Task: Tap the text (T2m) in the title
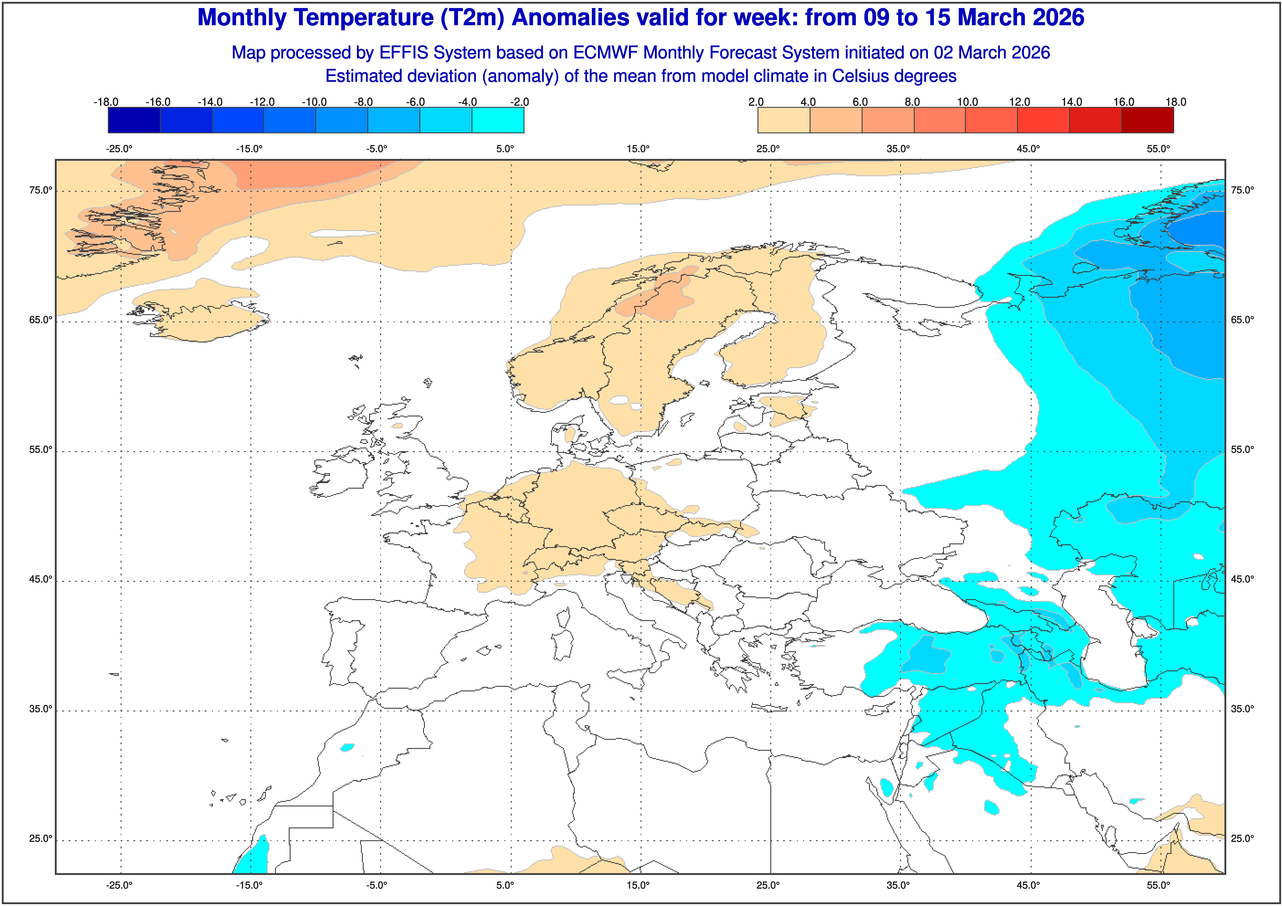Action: [x=472, y=18]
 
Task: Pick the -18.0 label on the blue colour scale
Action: [x=106, y=102]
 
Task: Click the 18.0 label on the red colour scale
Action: [x=1175, y=102]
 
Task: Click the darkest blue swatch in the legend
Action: [x=134, y=120]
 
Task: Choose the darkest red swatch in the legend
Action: [x=1147, y=120]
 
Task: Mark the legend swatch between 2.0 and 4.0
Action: [x=783, y=120]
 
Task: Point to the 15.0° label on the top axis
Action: [x=638, y=149]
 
